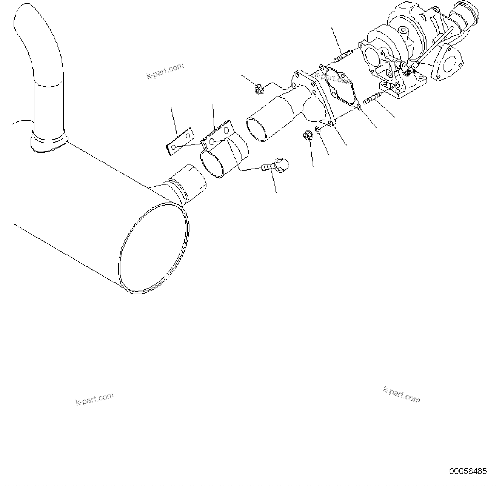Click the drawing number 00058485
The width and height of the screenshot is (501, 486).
pyautogui.click(x=468, y=471)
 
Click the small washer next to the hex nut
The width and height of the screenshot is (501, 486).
pyautogui.click(x=317, y=129)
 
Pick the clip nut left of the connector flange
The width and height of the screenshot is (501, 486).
pyautogui.click(x=259, y=90)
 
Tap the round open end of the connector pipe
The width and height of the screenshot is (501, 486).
pyautogui.click(x=256, y=129)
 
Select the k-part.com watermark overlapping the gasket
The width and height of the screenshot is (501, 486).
pyautogui.click(x=333, y=79)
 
